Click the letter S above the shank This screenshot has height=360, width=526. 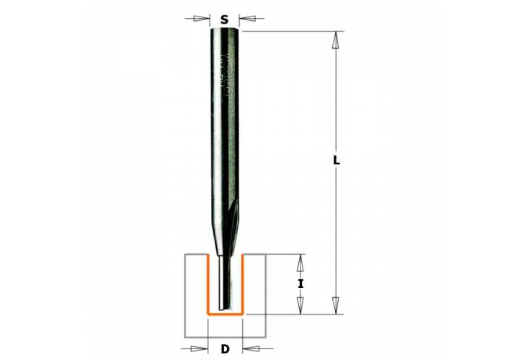pyautogui.click(x=224, y=20)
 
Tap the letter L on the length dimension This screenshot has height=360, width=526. pyautogui.click(x=336, y=161)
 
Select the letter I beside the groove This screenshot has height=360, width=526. pyautogui.click(x=300, y=284)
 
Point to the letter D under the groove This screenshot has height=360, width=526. pyautogui.click(x=225, y=349)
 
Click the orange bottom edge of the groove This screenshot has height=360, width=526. pyautogui.click(x=225, y=314)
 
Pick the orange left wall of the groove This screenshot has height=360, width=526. pyautogui.click(x=208, y=284)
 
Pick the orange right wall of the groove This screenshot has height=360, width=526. pyautogui.click(x=242, y=284)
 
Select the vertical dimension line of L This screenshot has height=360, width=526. pyautogui.click(x=336, y=108)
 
